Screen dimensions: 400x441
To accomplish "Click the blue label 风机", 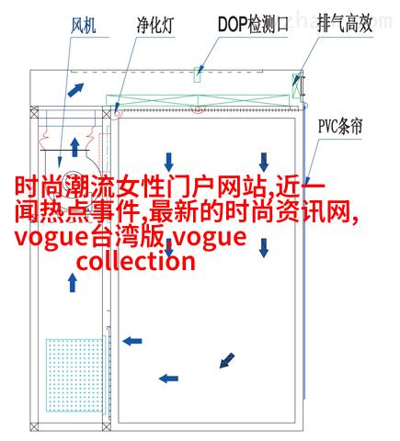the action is [x=84, y=26].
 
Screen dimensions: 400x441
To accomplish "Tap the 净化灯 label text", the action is [x=155, y=25].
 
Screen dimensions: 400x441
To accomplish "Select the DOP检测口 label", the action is [x=253, y=24].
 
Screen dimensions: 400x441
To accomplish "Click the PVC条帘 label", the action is [x=340, y=126].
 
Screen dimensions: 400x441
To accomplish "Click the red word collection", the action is [x=136, y=262].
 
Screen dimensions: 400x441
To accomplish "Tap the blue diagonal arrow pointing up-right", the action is [x=75, y=90].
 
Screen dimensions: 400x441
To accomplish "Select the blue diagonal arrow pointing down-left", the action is [x=227, y=360].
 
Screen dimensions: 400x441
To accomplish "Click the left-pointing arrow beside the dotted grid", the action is [x=132, y=341].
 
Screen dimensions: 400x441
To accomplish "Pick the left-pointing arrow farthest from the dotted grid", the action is [x=168, y=379].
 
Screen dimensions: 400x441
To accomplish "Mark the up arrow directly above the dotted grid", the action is [x=73, y=282].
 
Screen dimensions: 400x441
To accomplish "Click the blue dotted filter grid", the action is [x=74, y=375].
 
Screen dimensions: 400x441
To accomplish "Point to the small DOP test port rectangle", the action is [x=198, y=74].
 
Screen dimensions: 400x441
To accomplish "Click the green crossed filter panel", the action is [x=198, y=100].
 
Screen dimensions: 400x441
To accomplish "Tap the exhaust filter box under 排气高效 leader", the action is [x=296, y=85].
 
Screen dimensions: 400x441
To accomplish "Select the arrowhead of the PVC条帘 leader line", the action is [x=305, y=181].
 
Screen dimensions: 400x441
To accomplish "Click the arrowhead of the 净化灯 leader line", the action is [x=116, y=108].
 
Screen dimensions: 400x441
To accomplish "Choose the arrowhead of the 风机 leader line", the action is [x=60, y=163].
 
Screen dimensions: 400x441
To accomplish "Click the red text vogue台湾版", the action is [x=89, y=238].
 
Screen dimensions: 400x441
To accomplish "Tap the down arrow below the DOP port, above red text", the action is [x=168, y=163].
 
